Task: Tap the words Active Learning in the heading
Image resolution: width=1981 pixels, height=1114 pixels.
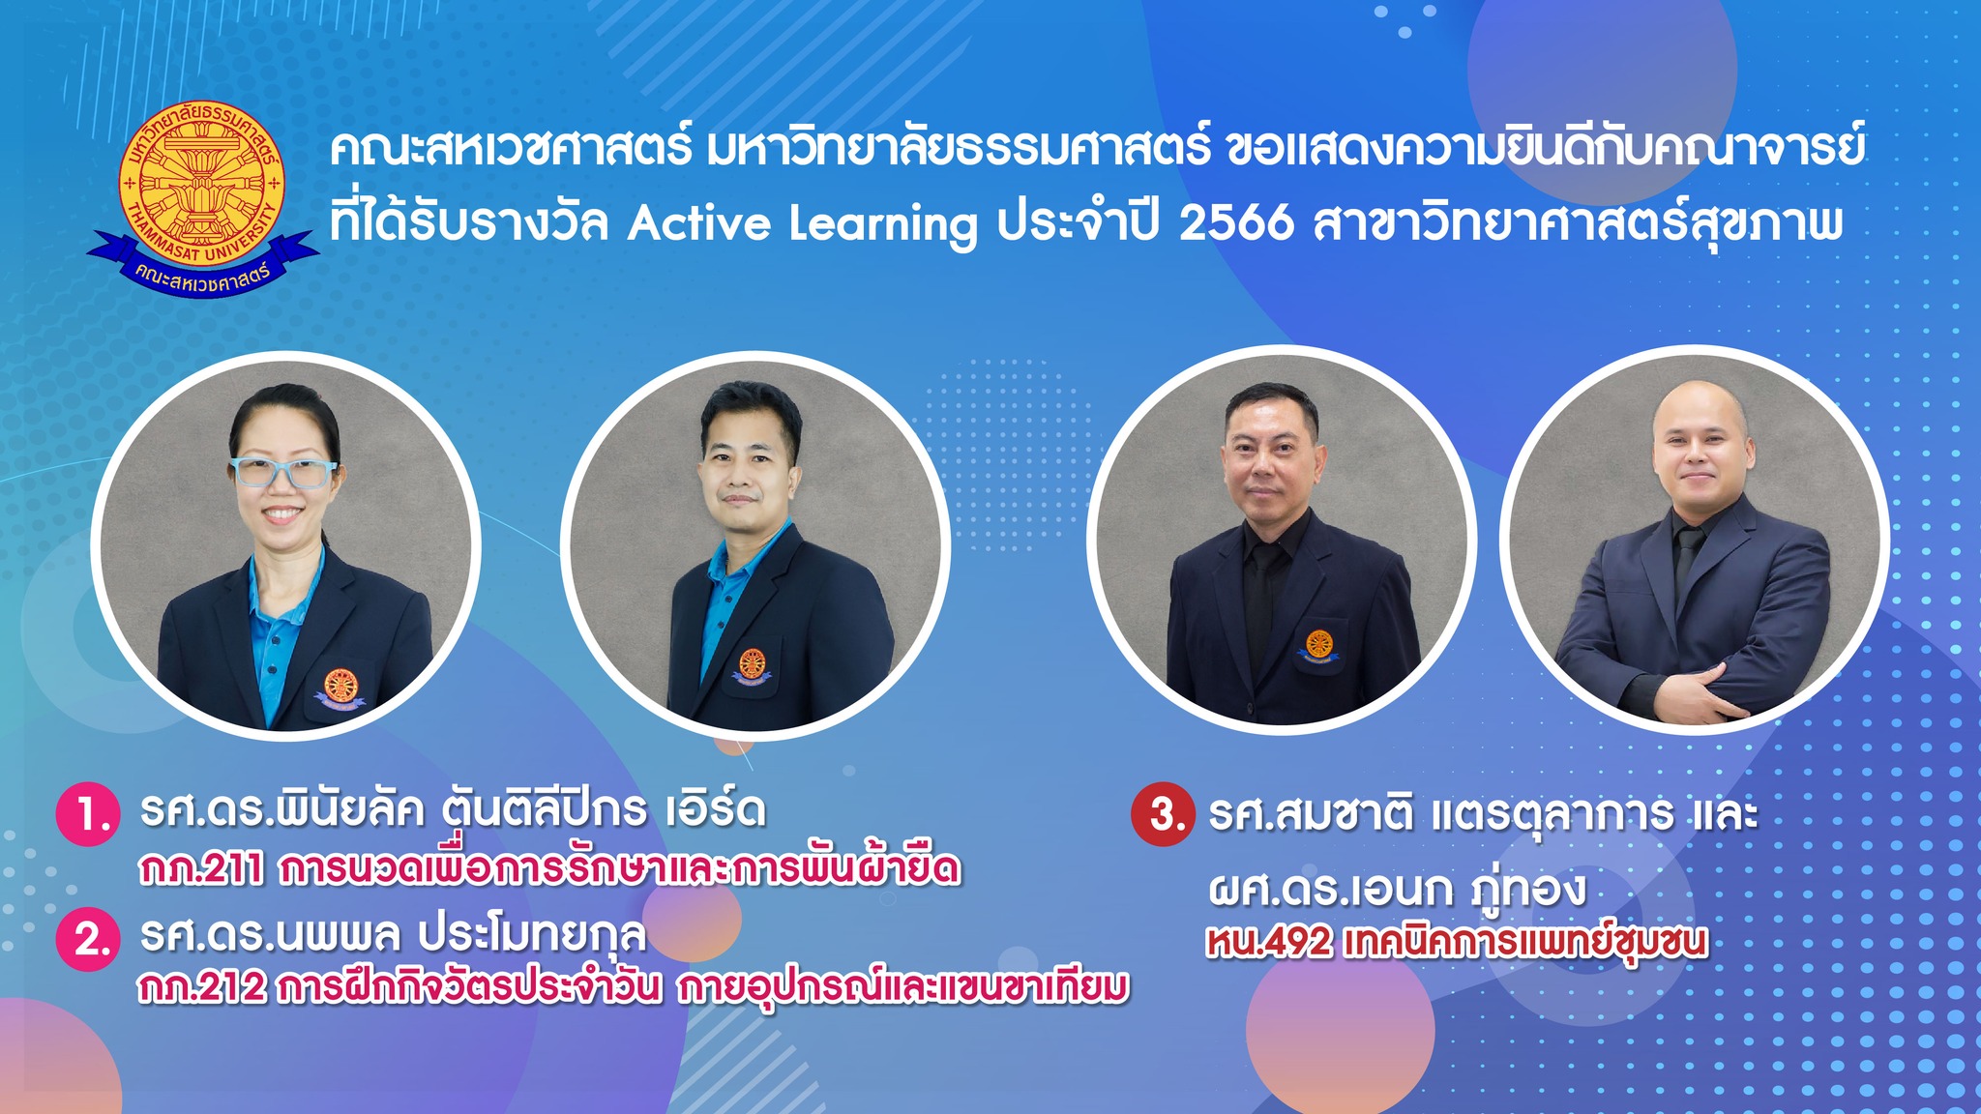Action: click(x=802, y=224)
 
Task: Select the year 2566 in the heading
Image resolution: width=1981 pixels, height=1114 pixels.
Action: click(x=1236, y=223)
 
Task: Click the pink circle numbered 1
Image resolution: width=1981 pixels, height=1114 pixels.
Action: click(x=88, y=815)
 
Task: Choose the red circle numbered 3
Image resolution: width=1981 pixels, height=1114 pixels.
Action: click(x=1163, y=814)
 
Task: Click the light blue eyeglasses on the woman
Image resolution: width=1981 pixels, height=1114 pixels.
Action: click(x=282, y=473)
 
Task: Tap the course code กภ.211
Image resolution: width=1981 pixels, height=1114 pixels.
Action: click(x=201, y=870)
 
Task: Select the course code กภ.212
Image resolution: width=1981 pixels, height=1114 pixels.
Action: click(x=201, y=987)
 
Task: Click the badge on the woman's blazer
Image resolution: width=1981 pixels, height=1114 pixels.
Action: click(x=340, y=687)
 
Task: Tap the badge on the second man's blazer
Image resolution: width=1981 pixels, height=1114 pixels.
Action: click(x=752, y=665)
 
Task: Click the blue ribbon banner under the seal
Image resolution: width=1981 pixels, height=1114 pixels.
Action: click(x=202, y=259)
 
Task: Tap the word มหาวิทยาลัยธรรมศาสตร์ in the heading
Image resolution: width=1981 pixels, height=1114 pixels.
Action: click(x=958, y=150)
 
